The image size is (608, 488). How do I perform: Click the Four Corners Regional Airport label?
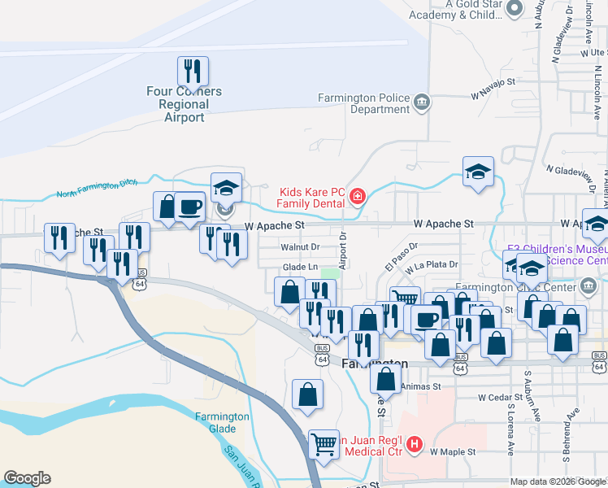click(184, 104)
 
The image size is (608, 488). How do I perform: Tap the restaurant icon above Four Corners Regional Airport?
click(193, 72)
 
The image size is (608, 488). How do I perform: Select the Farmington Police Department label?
click(363, 103)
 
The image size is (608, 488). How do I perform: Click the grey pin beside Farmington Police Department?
click(422, 102)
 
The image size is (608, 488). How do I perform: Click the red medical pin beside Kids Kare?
click(357, 196)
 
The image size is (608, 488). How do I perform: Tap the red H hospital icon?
click(415, 444)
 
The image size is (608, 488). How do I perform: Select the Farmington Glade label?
click(222, 422)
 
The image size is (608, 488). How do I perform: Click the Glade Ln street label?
click(299, 267)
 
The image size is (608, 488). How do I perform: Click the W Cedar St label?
click(499, 398)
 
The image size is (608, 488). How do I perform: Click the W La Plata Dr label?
click(432, 264)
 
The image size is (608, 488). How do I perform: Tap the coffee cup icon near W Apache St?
click(189, 207)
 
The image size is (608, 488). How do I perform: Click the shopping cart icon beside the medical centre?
click(324, 444)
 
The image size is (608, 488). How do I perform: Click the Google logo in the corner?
click(27, 478)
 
